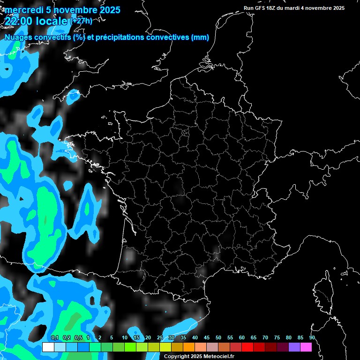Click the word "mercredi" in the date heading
pos(24,10)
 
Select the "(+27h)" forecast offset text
pos(81,21)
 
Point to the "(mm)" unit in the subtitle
pos(200,37)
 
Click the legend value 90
pos(312,337)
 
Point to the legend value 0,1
pos(55,337)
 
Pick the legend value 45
pos(207,337)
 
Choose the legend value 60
pos(242,337)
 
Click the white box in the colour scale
pos(48,347)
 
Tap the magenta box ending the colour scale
pos(306,347)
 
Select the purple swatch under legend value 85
pos(294,347)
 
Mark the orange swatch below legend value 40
pos(188,347)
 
